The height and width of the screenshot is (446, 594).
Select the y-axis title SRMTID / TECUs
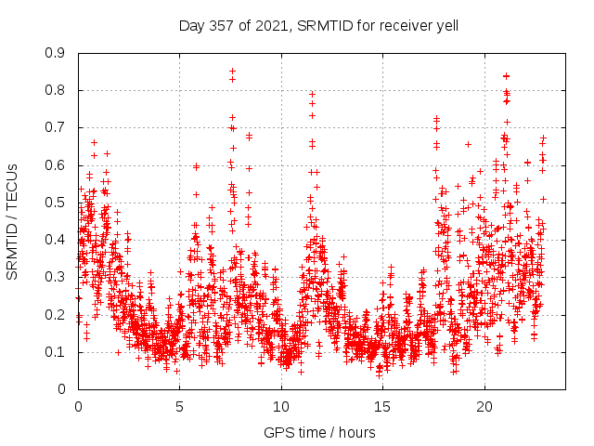click(x=12, y=221)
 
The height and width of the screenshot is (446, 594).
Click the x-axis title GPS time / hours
click(x=319, y=432)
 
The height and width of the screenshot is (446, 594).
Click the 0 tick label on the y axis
click(x=62, y=389)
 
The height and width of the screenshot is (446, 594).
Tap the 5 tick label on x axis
click(x=180, y=407)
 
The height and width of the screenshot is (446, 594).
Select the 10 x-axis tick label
click(x=281, y=407)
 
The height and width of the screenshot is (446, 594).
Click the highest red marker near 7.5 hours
click(x=232, y=71)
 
